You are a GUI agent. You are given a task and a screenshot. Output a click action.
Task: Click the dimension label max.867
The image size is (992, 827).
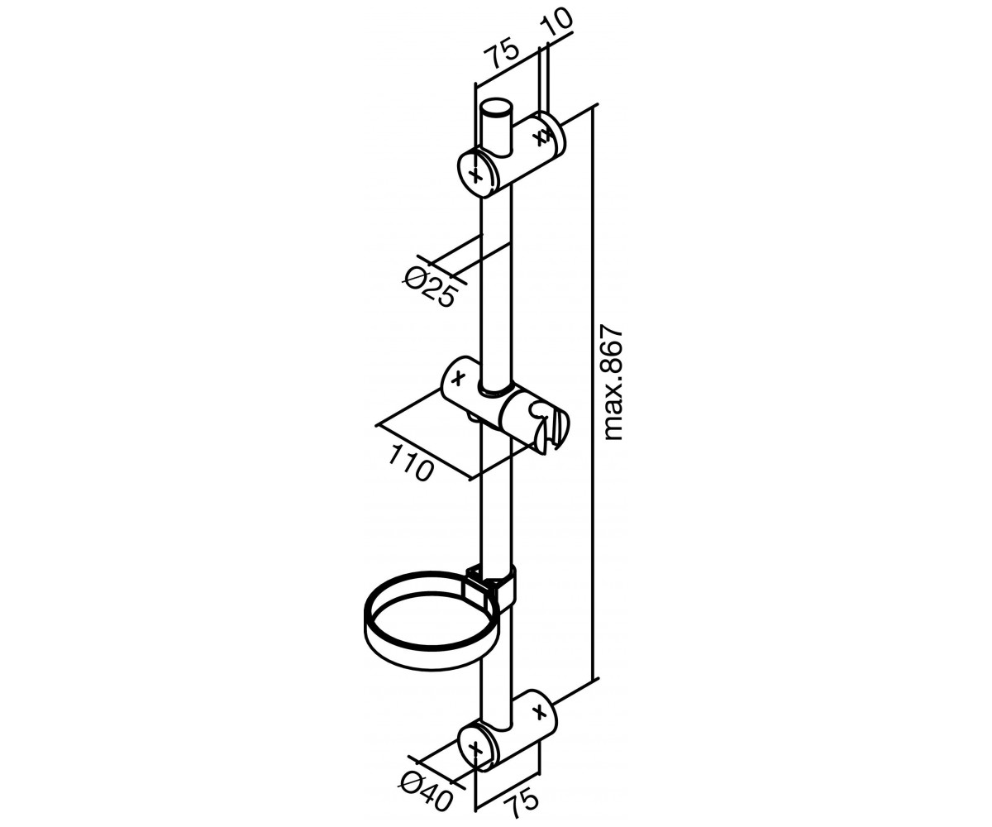[x=612, y=383]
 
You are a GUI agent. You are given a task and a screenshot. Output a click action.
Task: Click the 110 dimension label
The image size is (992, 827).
[x=412, y=464]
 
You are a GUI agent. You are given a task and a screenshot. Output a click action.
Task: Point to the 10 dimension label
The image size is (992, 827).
[x=556, y=21]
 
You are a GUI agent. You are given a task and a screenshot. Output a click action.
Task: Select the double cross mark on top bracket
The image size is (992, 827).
[x=542, y=137]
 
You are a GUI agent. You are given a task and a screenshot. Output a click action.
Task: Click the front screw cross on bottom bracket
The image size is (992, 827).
[x=476, y=749]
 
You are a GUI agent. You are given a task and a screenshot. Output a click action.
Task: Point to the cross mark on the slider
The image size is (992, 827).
[x=457, y=378]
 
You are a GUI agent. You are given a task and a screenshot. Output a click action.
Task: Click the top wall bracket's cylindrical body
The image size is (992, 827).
[x=511, y=152]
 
